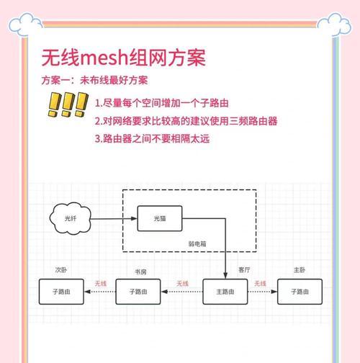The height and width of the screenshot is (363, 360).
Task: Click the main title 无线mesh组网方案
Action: (x=123, y=58)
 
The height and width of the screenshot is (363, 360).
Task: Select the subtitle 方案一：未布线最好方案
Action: (x=94, y=81)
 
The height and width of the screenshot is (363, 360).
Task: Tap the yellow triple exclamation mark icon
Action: (x=68, y=104)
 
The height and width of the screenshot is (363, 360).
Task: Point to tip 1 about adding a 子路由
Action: (x=162, y=103)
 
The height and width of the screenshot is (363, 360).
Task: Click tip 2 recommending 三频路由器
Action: (x=186, y=121)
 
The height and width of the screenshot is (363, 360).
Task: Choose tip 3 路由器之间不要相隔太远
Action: (x=152, y=139)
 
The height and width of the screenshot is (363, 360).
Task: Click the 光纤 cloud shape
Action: (x=71, y=218)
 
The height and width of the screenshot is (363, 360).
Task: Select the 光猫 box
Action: (x=160, y=218)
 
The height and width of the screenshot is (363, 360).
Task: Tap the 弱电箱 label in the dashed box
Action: (x=197, y=244)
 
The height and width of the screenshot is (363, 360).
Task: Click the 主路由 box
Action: (x=225, y=292)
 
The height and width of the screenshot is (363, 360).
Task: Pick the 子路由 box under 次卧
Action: (x=61, y=292)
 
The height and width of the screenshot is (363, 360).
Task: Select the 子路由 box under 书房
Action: (x=138, y=292)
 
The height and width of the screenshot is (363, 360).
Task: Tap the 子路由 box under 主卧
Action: (x=300, y=292)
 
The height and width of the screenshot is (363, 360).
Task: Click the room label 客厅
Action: (x=244, y=270)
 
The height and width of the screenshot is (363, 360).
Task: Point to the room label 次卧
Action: (x=61, y=270)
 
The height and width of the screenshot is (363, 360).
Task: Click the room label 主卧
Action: (x=300, y=270)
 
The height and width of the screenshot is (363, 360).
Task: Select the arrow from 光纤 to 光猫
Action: (x=114, y=219)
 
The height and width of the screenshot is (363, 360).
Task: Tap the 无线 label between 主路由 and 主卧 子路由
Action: (x=260, y=284)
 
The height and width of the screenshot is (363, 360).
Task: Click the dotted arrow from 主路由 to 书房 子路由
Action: (x=182, y=292)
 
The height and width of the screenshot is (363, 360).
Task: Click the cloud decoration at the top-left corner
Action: (x=25, y=24)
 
